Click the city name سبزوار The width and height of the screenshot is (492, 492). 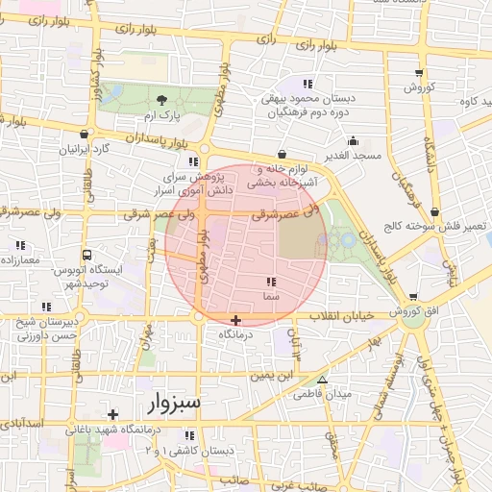[x=175, y=402]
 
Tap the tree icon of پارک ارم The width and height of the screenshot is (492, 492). [x=161, y=100]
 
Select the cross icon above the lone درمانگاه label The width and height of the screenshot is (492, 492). [x=236, y=319]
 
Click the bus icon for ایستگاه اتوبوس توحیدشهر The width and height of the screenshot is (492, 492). [x=87, y=256]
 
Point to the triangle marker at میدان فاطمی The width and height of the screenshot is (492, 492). [x=322, y=380]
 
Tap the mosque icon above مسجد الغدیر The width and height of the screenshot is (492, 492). [x=354, y=140]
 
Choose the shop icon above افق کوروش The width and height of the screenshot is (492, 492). [x=413, y=298]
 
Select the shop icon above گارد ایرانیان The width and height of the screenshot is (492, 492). [x=86, y=135]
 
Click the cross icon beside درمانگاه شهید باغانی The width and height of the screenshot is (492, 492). [x=113, y=414]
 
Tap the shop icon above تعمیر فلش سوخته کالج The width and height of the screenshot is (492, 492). [x=435, y=211]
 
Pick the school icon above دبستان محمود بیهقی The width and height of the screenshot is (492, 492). [x=307, y=83]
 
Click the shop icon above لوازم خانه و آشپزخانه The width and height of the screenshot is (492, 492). [x=282, y=153]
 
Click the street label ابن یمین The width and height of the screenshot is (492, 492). [x=271, y=376]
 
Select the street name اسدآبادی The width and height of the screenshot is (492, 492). [x=20, y=424]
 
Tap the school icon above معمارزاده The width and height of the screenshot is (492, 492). [x=19, y=246]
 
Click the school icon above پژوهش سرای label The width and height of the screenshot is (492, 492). [x=193, y=160]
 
